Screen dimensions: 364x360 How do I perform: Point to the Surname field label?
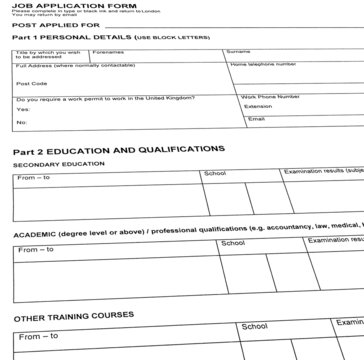239,50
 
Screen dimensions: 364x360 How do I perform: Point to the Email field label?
256,119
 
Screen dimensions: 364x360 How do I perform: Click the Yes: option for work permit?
22,110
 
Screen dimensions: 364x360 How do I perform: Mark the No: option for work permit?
21,123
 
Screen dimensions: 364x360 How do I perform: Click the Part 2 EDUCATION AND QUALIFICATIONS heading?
118,149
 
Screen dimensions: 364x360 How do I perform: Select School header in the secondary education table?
215,173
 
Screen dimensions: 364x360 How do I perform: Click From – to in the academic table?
35,249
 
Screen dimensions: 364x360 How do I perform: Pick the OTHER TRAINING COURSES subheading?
73,316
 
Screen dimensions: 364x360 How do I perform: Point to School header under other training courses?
253,327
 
